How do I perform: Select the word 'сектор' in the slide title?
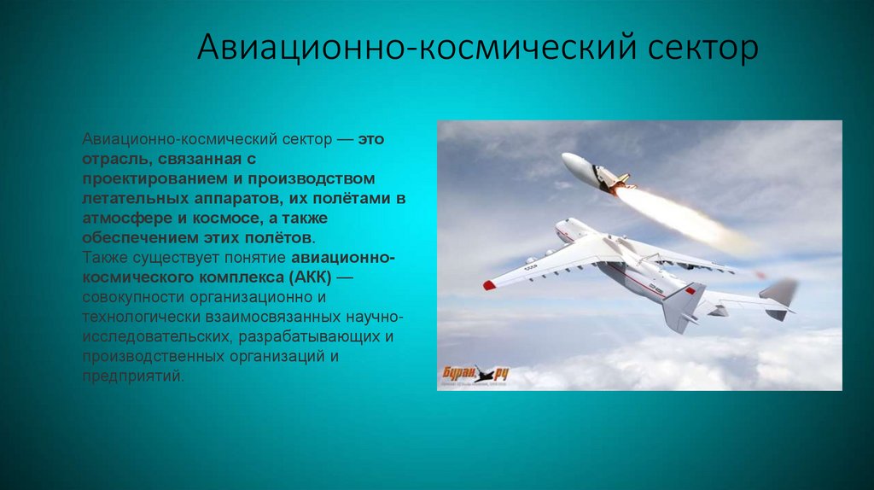click(695, 49)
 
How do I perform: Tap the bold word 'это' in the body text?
click(370, 139)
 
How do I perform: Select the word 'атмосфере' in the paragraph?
click(120, 218)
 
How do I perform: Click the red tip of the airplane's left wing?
click(489, 285)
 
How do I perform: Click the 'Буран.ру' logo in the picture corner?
click(475, 372)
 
